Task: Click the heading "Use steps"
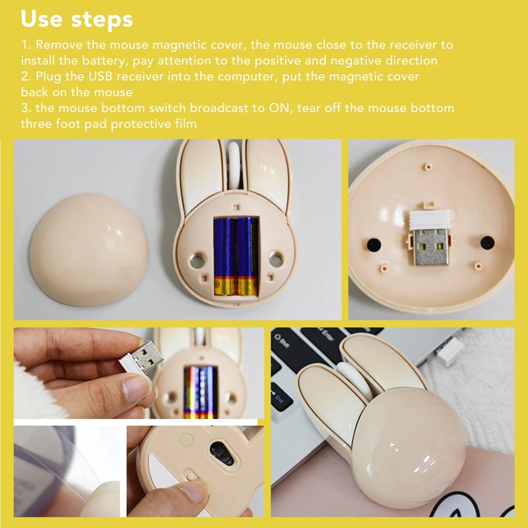77,19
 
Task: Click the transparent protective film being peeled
59,462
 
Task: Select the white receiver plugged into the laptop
449,354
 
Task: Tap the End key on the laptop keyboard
280,398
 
